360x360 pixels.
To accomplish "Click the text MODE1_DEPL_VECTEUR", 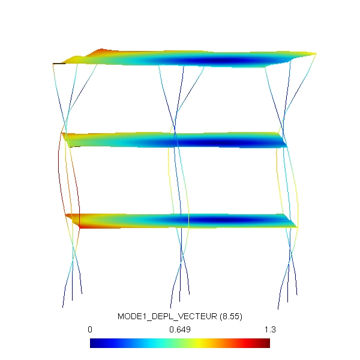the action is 167,316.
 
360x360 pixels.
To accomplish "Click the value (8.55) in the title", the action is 231,317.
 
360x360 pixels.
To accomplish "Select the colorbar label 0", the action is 90,329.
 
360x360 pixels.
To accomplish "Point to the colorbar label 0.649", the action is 180,329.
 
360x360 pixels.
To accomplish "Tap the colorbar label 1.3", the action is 270,329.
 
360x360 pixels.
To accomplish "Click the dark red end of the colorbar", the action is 266,343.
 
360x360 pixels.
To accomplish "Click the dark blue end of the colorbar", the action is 94,343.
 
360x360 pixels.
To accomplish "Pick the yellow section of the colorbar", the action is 197,343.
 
